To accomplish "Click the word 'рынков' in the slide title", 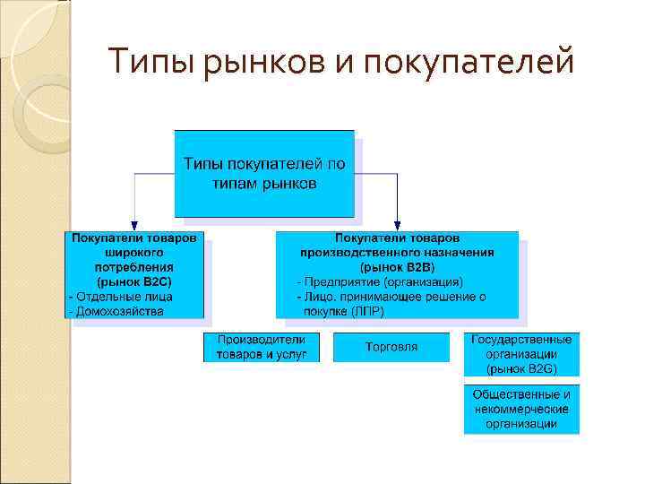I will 269,64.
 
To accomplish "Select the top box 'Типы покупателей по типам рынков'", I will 263,174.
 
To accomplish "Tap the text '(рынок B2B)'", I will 397,267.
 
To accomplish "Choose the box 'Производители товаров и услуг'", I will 262,347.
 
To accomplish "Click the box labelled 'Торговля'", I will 391,347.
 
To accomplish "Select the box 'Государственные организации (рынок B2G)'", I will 521,354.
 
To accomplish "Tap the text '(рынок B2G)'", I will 521,367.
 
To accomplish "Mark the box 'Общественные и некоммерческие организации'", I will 521,409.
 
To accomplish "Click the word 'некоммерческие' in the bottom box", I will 521,409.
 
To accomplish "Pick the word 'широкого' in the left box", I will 134,253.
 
